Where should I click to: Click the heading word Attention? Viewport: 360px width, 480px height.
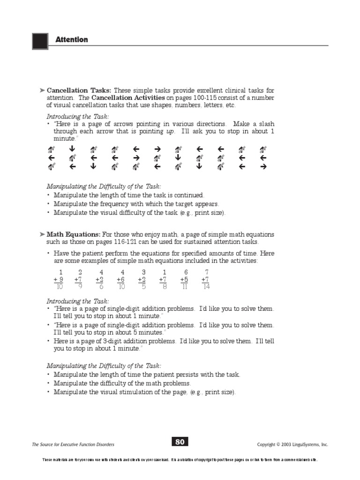[72, 40]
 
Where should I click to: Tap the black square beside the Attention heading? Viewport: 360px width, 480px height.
[40, 41]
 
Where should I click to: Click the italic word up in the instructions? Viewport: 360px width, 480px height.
[171, 131]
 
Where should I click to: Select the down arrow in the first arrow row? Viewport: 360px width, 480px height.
[72, 150]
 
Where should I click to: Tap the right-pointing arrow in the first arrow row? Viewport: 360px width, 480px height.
[157, 150]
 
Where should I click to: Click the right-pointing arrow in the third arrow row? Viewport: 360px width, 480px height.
[263, 166]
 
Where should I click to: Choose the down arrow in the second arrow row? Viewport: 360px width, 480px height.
[178, 157]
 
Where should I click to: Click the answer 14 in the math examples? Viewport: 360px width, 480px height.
[206, 287]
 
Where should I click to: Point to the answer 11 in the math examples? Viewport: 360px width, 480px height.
[185, 287]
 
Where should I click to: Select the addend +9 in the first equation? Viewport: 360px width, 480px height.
[59, 279]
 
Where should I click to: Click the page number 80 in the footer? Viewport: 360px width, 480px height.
[180, 441]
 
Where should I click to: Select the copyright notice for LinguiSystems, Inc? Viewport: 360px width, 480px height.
[292, 444]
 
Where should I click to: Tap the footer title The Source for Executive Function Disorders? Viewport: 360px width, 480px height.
[73, 444]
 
